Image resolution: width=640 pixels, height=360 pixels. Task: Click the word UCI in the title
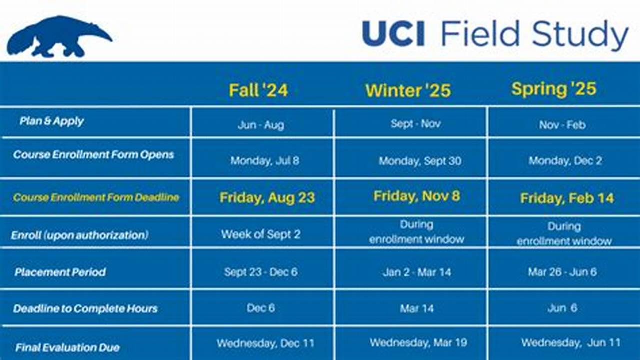click(393, 34)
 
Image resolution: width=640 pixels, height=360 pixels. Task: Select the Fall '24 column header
click(258, 90)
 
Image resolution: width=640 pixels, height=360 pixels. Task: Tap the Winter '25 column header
click(408, 90)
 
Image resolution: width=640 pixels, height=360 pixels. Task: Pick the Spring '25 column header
click(554, 89)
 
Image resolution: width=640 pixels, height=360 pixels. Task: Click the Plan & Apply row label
click(52, 121)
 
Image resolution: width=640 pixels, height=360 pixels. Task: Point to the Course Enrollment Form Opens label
click(94, 155)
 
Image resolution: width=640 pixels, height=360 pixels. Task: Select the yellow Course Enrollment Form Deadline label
click(96, 197)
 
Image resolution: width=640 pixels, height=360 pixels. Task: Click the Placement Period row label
click(60, 272)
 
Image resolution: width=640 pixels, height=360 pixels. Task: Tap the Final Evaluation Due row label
click(67, 347)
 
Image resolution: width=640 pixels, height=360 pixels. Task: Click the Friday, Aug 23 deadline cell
click(267, 198)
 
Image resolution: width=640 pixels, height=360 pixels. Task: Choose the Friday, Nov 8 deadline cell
click(416, 196)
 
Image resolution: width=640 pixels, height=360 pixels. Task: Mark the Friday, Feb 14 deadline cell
click(567, 198)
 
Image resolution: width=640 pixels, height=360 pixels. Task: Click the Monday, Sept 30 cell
click(420, 161)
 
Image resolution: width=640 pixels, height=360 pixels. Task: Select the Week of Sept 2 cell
click(261, 234)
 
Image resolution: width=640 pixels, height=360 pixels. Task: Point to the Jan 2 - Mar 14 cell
click(417, 272)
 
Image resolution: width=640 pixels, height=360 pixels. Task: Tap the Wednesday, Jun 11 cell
click(570, 343)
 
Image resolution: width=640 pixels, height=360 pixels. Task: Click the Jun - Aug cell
click(261, 125)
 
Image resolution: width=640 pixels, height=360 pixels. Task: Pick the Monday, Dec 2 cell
click(565, 161)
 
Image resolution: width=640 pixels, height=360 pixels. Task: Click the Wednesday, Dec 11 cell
click(265, 343)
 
